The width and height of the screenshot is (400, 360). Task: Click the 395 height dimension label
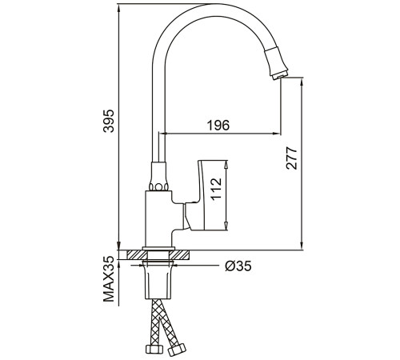pyautogui.click(x=109, y=121)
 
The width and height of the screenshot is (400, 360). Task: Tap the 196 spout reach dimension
pyautogui.click(x=218, y=126)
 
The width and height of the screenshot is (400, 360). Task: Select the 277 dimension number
pyautogui.click(x=291, y=158)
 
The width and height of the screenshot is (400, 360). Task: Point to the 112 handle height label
pyautogui.click(x=216, y=189)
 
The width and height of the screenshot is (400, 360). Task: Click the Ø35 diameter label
pyautogui.click(x=238, y=266)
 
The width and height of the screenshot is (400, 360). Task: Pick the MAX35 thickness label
pyautogui.click(x=109, y=279)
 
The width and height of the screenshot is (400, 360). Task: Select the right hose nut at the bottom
pyautogui.click(x=177, y=350)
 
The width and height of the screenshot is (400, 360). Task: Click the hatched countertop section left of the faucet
pyautogui.click(x=137, y=254)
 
